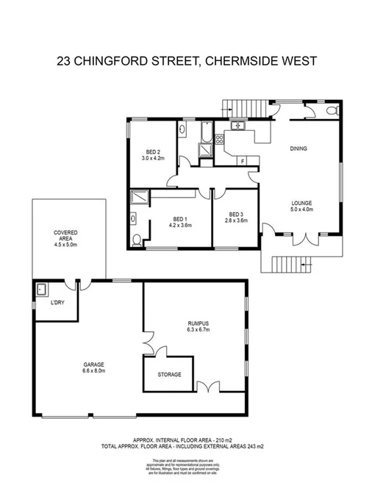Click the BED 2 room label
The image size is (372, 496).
(x=153, y=151)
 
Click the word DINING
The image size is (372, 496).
(x=298, y=148)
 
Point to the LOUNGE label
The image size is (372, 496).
(x=301, y=203)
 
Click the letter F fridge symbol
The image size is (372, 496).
(x=243, y=159)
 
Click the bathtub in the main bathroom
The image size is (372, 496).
(x=206, y=133)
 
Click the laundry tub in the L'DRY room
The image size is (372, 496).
(x=41, y=289)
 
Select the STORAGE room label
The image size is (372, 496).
(x=168, y=375)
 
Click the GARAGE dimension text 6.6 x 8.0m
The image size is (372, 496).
(x=93, y=371)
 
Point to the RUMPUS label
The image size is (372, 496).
(x=198, y=323)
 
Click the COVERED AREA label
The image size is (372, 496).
(x=65, y=235)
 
